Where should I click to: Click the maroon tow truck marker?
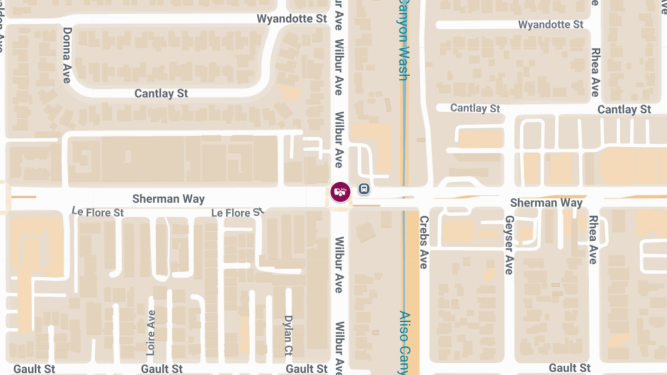click(x=340, y=192)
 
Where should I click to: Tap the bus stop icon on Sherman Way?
click(x=364, y=189)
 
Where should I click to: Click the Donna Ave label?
click(x=67, y=55)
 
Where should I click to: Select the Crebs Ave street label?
click(x=424, y=242)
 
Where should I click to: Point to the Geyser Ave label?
click(x=509, y=245)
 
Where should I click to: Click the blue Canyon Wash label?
click(x=404, y=40)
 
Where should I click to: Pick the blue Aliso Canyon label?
click(x=405, y=342)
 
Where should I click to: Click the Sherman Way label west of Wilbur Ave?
click(x=168, y=199)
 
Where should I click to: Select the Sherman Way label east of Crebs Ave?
click(x=546, y=203)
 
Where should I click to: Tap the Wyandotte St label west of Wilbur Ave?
click(x=292, y=19)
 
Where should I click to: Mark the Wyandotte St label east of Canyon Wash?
click(x=550, y=25)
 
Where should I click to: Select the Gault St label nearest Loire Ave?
click(x=162, y=369)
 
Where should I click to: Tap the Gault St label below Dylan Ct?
click(x=307, y=369)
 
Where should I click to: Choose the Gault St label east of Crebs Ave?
click(x=570, y=368)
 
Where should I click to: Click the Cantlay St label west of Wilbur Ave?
click(x=161, y=94)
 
